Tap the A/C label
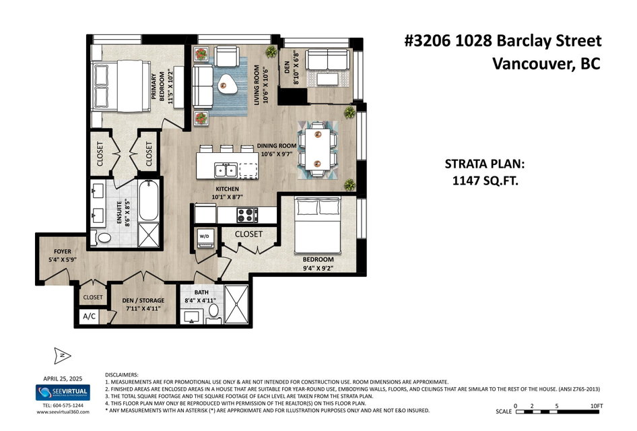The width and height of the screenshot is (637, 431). (x=89, y=316)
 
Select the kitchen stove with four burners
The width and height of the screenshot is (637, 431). (x=247, y=215)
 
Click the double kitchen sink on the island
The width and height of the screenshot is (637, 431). (x=226, y=170)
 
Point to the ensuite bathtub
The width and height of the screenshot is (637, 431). (x=149, y=200)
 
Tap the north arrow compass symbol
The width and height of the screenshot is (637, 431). (x=62, y=356)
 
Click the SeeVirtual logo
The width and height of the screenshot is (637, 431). (x=63, y=393)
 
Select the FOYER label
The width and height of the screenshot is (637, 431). (x=62, y=251)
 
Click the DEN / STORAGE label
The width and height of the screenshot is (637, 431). (x=143, y=300)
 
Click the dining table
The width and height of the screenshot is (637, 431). (x=318, y=150)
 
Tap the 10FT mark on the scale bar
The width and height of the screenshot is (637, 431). (x=597, y=406)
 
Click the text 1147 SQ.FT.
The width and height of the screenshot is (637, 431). (x=485, y=180)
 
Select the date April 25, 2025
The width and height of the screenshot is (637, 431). (x=63, y=378)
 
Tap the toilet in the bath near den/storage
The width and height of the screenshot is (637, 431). (x=213, y=310)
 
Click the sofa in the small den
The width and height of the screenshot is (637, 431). (x=327, y=60)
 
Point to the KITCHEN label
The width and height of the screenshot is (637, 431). (x=227, y=189)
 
